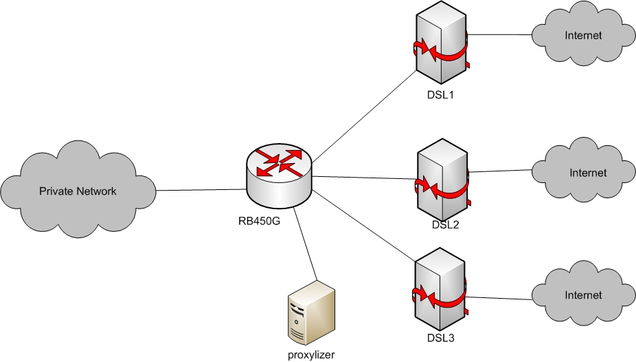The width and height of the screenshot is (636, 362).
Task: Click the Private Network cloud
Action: pyautogui.click(x=78, y=191)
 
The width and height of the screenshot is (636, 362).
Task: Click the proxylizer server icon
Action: pyautogui.click(x=310, y=313)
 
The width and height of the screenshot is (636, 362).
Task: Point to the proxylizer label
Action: pyautogui.click(x=310, y=354)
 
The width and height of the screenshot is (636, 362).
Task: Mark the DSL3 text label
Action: pyautogui.click(x=439, y=338)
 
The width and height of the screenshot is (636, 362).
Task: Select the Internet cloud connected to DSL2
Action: pyautogui.click(x=588, y=172)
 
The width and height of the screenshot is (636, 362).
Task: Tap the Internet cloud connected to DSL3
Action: pyautogui.click(x=583, y=295)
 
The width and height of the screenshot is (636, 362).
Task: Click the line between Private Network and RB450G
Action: pyautogui.click(x=201, y=189)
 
